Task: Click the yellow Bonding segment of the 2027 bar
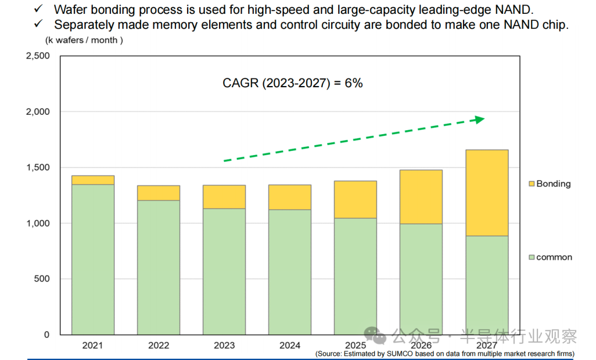[x=487, y=193]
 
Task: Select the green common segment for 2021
[x=93, y=260]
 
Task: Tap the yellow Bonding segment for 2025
[x=355, y=199]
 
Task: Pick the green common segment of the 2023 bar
[x=224, y=271]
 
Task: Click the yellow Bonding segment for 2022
[x=159, y=193]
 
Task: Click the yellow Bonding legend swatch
[x=531, y=184]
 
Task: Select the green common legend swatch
[x=531, y=257]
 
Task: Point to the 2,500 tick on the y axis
[x=38, y=56]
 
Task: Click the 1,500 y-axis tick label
[x=38, y=168]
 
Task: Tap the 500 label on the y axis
[x=42, y=279]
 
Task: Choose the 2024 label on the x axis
[x=290, y=346]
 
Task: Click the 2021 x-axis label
[x=93, y=346]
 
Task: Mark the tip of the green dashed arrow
[x=483, y=118]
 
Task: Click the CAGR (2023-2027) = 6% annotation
[x=292, y=83]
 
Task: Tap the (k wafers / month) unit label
[x=84, y=40]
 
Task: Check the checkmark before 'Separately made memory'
[x=39, y=24]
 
